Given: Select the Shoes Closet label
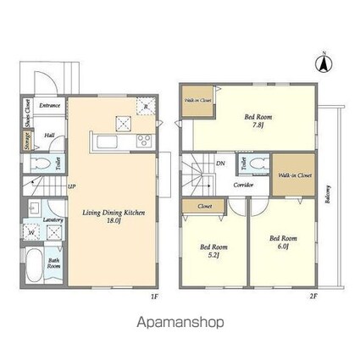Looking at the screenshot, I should click(x=28, y=112).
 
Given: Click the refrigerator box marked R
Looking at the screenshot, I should click(x=145, y=107).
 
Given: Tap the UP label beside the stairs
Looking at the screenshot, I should click(x=72, y=186).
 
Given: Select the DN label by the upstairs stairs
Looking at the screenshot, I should click(x=220, y=163).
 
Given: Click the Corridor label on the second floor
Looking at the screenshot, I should click(x=244, y=184).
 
